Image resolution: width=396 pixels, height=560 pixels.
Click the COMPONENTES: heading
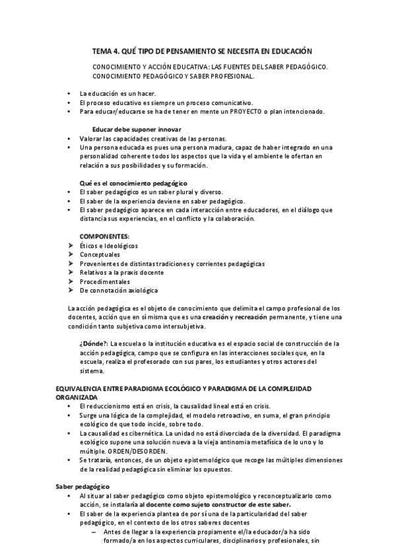point(104,236)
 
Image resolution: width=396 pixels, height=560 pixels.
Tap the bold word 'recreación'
point(253,317)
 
